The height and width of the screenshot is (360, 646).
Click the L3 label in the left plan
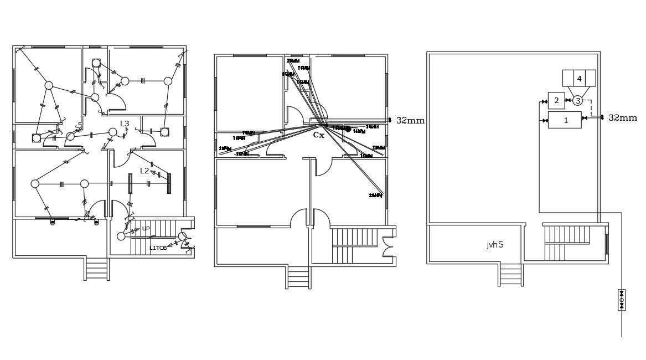pos(125,124)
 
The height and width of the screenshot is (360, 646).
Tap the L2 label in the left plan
pos(144,171)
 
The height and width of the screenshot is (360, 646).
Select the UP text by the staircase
pos(146,228)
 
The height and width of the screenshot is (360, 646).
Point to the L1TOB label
pos(158,248)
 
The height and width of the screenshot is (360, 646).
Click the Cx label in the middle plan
pos(318,135)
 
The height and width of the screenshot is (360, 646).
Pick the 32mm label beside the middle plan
pos(410,120)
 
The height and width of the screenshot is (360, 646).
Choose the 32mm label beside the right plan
pos(622,117)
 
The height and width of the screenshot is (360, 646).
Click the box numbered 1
pos(565,120)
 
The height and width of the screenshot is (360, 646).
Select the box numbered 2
pos(556,100)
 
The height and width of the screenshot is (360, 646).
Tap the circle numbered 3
pos(577,100)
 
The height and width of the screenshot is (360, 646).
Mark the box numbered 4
pos(579,79)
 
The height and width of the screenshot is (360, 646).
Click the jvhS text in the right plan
pos(495,244)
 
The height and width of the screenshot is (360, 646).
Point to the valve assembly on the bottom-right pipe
pos(621,300)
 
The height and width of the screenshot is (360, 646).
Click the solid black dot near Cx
pos(348,129)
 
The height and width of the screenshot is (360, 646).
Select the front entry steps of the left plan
pos(97,270)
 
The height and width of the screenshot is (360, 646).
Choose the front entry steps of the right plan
pos(510,275)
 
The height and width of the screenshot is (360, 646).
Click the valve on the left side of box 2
pos(542,101)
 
